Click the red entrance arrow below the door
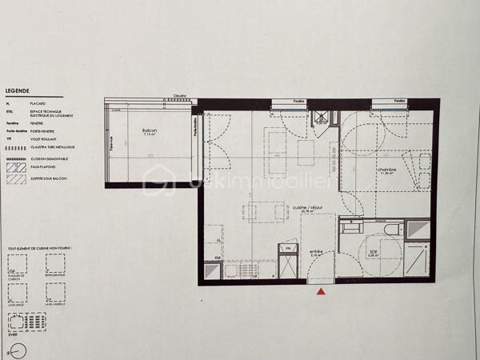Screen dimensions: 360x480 (x=322, y=292)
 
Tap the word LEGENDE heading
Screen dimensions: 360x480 (x=18, y=92)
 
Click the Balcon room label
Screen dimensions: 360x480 (x=149, y=131)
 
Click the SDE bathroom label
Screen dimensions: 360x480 (x=373, y=251)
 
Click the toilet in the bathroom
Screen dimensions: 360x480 (x=392, y=230)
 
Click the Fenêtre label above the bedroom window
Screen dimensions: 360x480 (x=397, y=102)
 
